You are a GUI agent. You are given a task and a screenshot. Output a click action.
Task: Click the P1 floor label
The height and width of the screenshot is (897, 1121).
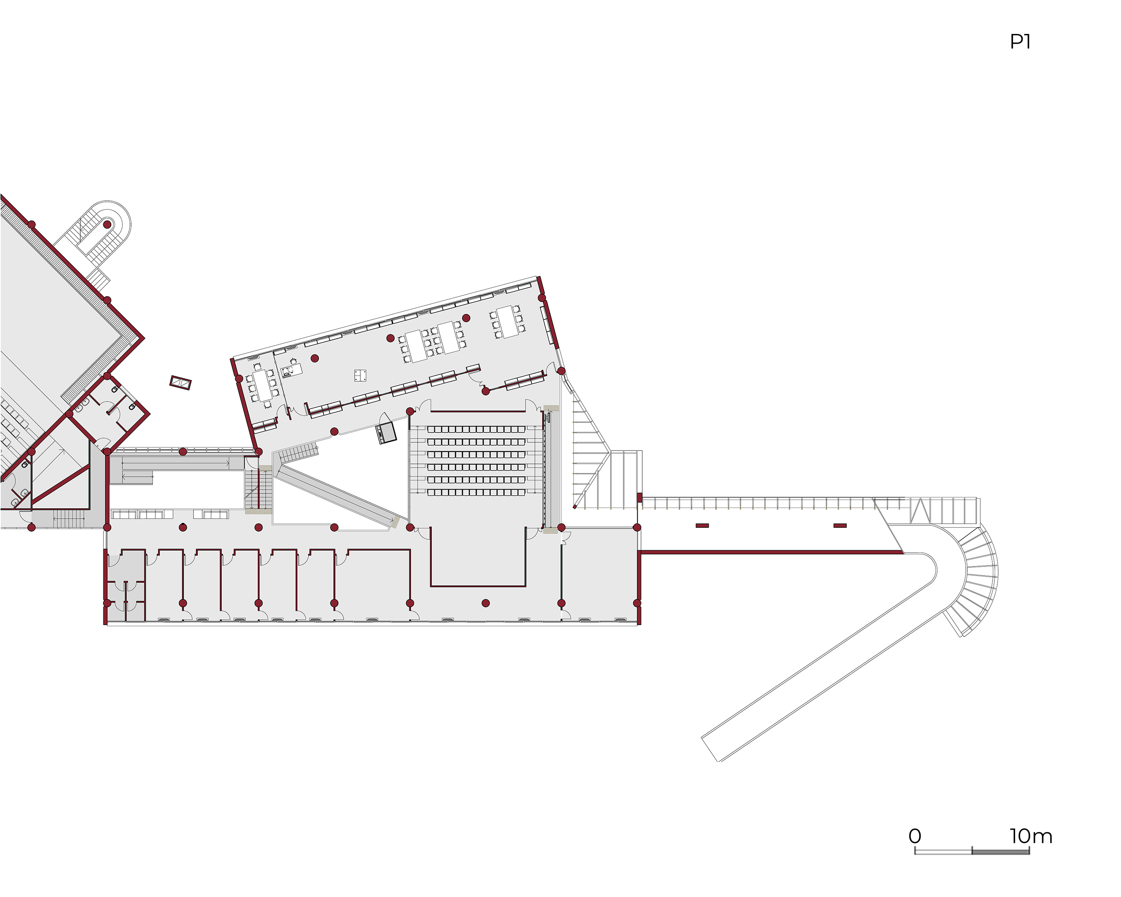[1020, 42]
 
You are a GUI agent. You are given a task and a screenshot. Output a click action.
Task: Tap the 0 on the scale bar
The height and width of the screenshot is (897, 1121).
[915, 836]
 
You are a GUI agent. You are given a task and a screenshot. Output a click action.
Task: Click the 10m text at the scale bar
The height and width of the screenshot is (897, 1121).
[1031, 836]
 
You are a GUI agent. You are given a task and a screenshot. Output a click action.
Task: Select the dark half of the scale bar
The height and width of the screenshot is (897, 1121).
[1000, 852]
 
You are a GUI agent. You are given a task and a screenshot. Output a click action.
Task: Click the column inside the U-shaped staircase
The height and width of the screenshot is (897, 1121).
[107, 225]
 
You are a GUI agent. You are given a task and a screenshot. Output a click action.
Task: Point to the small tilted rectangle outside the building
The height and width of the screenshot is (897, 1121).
[181, 383]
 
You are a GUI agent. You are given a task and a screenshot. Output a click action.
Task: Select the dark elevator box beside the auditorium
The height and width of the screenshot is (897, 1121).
[386, 433]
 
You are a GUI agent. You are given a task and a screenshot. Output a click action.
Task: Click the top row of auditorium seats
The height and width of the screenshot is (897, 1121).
[476, 429]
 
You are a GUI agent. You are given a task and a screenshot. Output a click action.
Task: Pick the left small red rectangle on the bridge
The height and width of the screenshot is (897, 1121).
[702, 526]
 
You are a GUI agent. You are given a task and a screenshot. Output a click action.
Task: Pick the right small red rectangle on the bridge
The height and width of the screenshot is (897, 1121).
[840, 526]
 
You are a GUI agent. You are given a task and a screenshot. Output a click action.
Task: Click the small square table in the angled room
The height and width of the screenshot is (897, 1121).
[360, 375]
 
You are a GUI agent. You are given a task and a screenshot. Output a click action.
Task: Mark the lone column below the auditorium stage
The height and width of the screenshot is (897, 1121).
[486, 603]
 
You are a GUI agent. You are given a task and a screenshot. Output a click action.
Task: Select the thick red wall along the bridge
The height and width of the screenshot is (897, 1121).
[771, 552]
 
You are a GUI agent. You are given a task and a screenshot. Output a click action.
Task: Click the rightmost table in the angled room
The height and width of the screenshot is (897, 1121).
[507, 321]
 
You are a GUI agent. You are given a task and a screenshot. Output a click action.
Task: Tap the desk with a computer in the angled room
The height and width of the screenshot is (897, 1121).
[291, 370]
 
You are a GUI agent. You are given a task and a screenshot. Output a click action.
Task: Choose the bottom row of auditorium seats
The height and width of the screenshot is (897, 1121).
[476, 493]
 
